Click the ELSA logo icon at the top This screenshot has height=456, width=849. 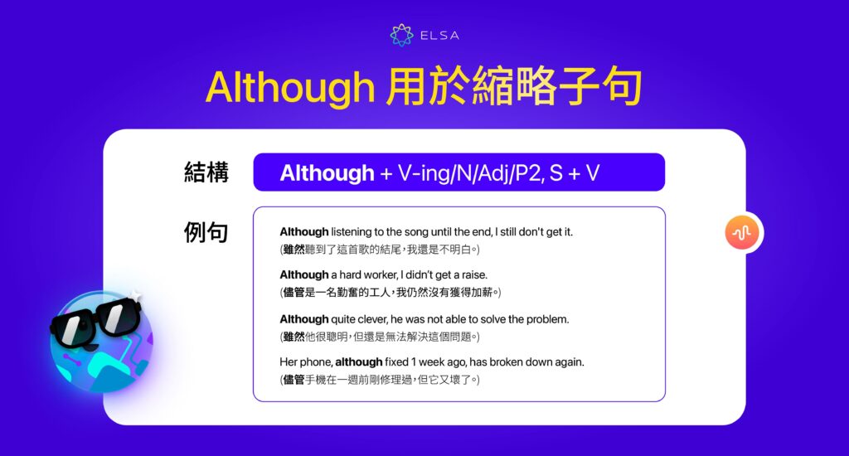click(x=401, y=35)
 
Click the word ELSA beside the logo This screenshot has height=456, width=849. click(x=439, y=36)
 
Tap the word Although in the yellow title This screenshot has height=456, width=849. click(x=290, y=87)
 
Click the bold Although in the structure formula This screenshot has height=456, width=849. click(x=327, y=172)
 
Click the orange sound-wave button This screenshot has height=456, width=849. click(x=742, y=233)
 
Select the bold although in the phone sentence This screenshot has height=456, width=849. click(x=359, y=361)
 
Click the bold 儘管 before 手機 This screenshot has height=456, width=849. click(x=294, y=380)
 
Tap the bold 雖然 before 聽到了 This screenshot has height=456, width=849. click(x=294, y=250)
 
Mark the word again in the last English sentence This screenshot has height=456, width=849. click(x=567, y=361)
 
